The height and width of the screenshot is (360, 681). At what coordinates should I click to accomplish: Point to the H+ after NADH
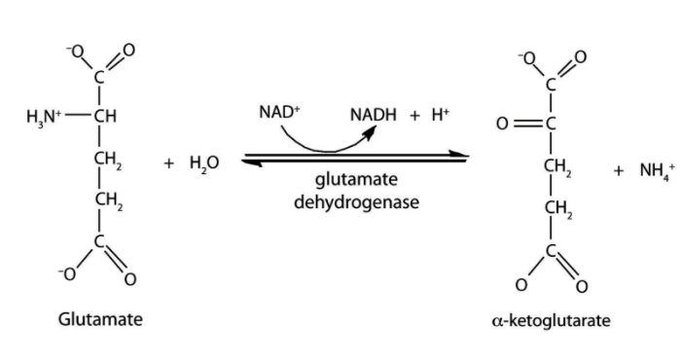[439, 117]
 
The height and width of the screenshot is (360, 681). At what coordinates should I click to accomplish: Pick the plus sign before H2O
[168, 162]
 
